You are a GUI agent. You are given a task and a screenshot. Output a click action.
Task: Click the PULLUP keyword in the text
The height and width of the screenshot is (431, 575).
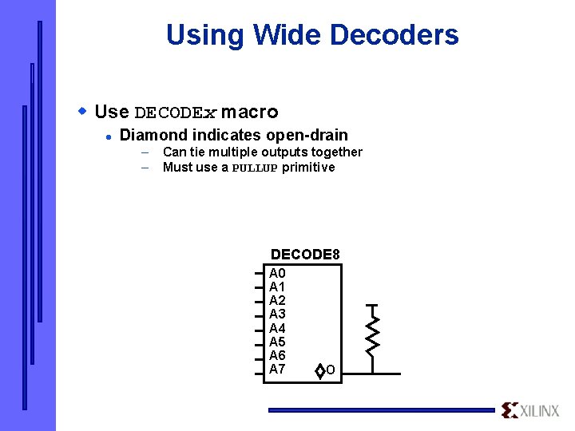click(x=255, y=168)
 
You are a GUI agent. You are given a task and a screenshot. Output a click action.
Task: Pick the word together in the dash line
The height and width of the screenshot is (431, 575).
click(x=335, y=152)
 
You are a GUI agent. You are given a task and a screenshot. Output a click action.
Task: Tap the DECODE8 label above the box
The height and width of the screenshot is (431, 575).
click(x=305, y=255)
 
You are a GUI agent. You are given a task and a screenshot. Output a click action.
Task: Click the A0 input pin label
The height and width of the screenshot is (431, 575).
click(x=277, y=273)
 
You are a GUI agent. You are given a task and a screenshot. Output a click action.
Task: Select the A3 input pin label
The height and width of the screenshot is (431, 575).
click(x=277, y=314)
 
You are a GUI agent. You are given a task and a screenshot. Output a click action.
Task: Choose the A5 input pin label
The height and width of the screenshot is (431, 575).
click(x=277, y=342)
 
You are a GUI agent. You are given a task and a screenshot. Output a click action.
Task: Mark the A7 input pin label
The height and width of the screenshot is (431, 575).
click(x=277, y=369)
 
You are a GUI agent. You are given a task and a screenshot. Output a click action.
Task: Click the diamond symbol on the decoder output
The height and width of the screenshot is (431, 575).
click(x=319, y=371)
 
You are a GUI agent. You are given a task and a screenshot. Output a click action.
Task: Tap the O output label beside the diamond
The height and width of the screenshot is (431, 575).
click(x=330, y=371)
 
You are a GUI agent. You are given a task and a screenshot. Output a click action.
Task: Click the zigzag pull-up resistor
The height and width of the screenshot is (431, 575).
click(x=372, y=335)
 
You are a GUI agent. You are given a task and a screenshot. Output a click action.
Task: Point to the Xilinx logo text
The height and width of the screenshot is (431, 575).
click(x=541, y=411)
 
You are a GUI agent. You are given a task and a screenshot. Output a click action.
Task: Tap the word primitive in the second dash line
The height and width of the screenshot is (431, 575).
click(x=308, y=168)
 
